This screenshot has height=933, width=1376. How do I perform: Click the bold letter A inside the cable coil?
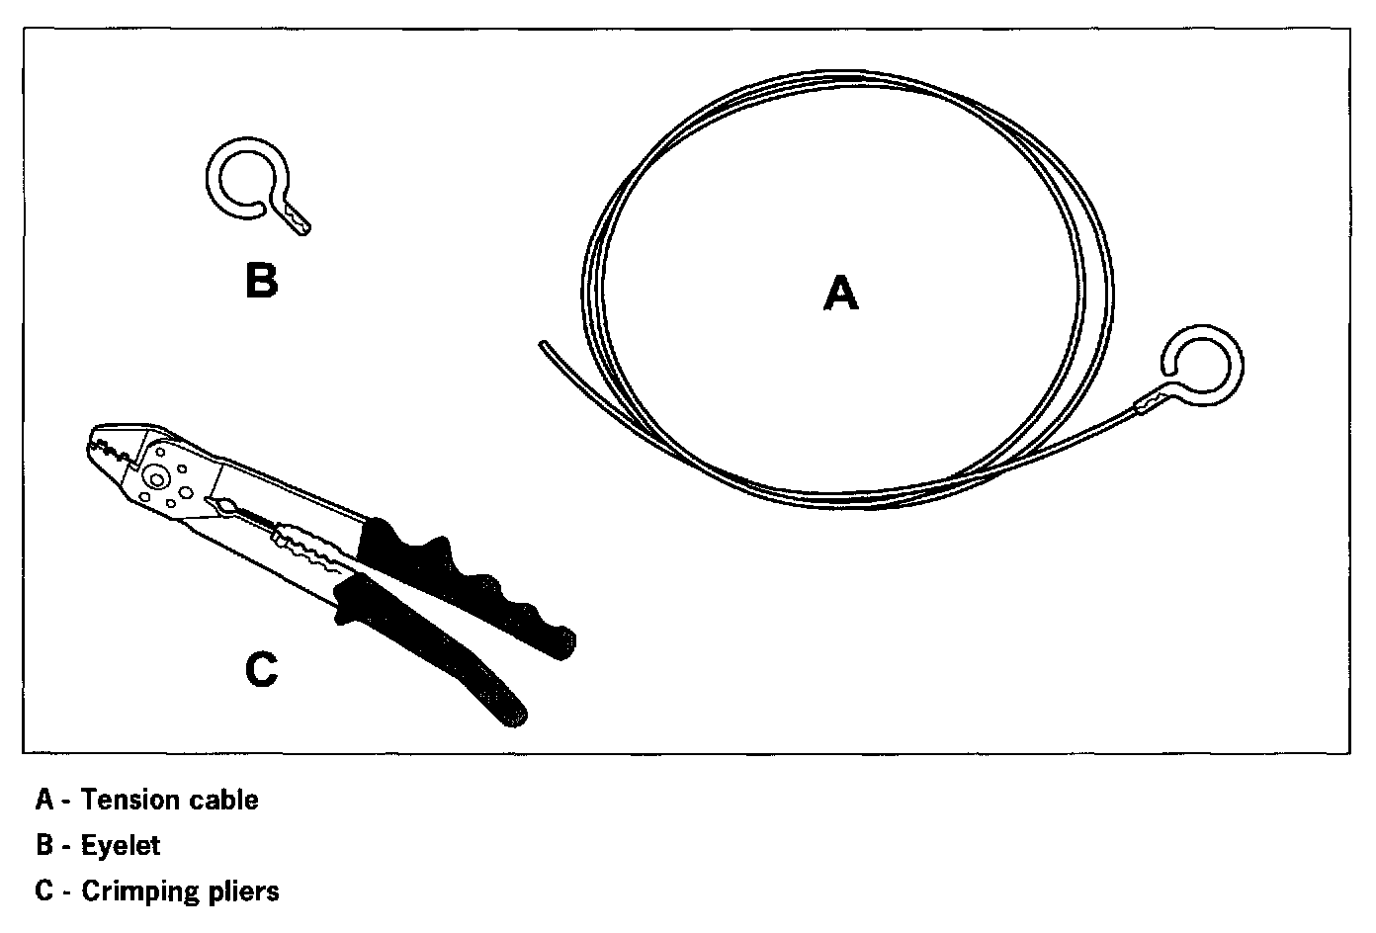point(840,294)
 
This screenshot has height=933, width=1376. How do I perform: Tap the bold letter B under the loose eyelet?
point(261,280)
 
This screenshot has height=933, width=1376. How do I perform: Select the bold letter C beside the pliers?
point(261,669)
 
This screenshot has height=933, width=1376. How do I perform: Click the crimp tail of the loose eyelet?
point(298,219)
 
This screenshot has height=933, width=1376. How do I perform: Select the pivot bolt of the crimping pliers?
point(155,476)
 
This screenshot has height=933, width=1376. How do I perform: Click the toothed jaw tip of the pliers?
point(104,443)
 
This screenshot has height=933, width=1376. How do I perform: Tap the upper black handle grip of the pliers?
point(465,583)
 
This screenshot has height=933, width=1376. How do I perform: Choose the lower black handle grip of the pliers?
point(435,652)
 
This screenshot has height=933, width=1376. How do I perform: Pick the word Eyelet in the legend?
point(121,846)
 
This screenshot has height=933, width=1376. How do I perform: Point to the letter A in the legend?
point(43,800)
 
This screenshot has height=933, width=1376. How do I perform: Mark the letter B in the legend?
point(43,846)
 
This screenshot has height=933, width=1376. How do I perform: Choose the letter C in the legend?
point(43,891)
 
